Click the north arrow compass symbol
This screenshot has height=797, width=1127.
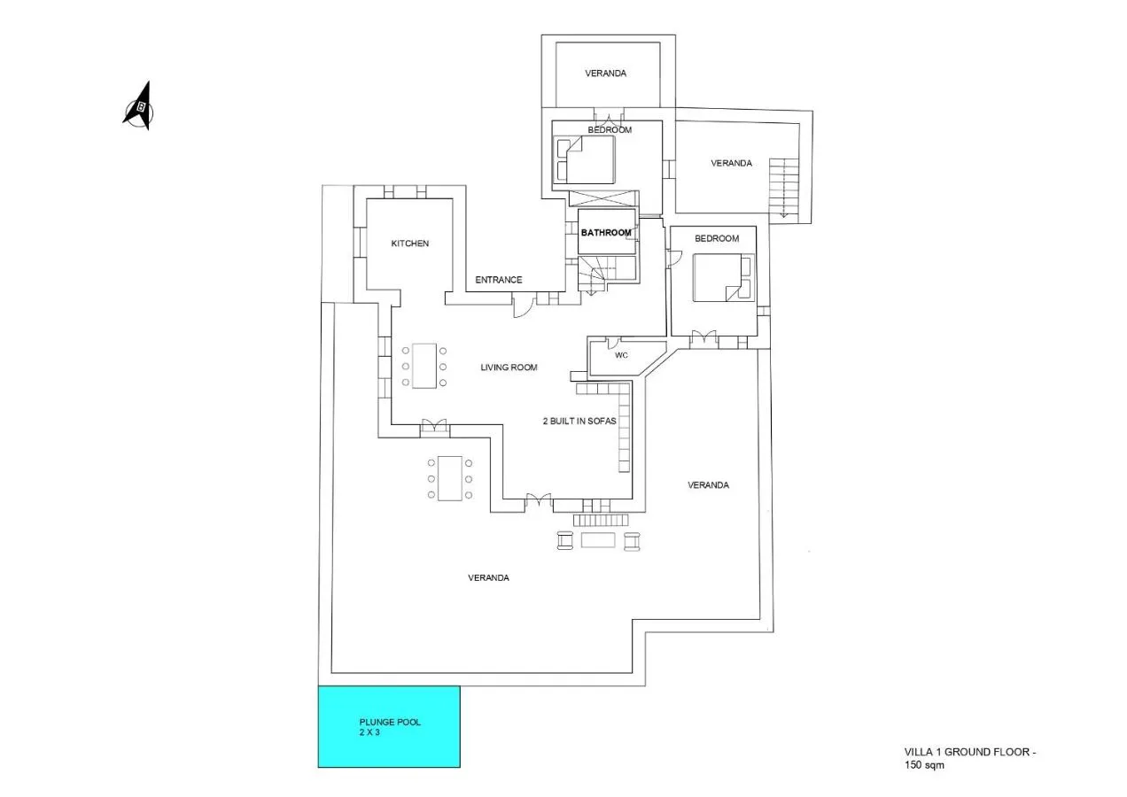point(138,106)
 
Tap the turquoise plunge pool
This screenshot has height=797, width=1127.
point(389,727)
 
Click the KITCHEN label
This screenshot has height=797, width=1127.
point(410,244)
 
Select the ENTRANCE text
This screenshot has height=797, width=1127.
point(499,280)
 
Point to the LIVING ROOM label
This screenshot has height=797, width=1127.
point(509,368)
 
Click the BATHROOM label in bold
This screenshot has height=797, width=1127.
point(606,233)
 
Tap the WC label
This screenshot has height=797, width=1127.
point(621,355)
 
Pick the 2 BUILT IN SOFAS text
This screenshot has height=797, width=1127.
point(579,422)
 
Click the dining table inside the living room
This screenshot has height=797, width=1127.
point(424,366)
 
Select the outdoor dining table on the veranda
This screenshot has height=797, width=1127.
point(450,478)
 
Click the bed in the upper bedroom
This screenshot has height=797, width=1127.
point(584,159)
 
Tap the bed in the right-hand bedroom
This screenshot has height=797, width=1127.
point(722,278)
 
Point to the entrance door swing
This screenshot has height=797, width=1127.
point(524,306)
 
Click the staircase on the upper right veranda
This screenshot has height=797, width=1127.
point(784,188)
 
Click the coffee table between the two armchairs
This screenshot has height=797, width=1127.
point(598,540)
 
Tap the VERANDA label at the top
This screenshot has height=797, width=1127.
point(605,74)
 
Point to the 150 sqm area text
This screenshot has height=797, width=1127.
point(924,766)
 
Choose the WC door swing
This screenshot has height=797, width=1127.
point(614,343)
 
